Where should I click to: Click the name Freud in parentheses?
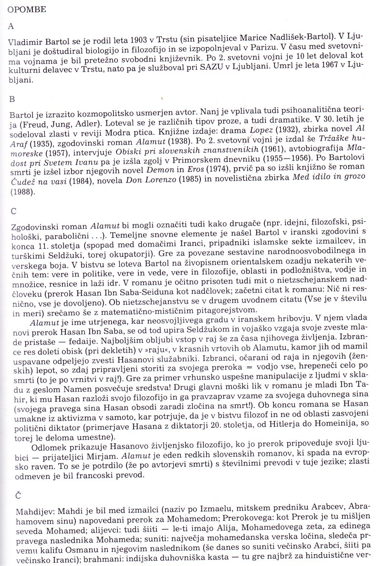pos(30,125)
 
